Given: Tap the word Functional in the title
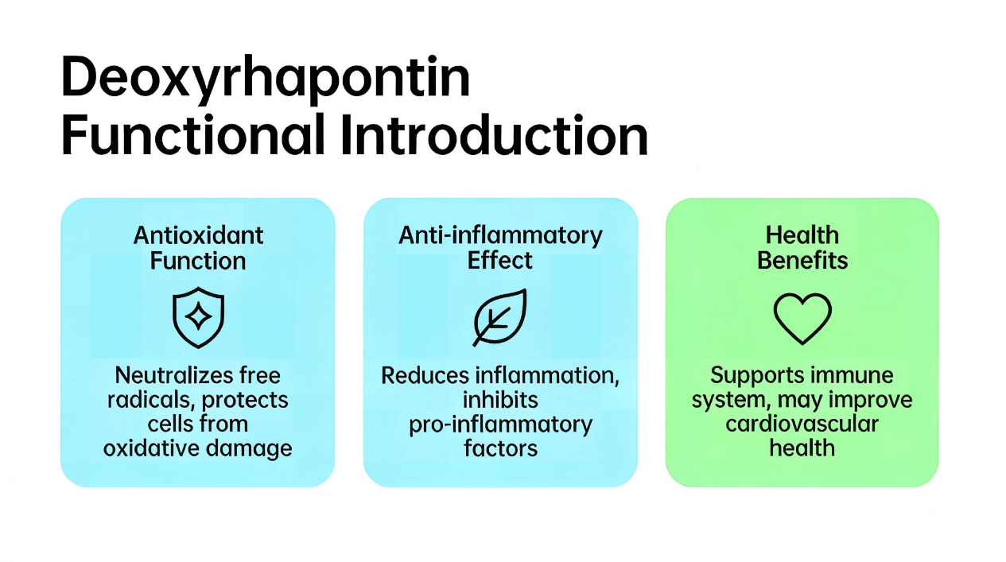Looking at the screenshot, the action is (193, 134).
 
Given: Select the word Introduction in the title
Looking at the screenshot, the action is (494, 134).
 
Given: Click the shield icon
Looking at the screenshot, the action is (199, 317).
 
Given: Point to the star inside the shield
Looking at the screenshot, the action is (199, 316).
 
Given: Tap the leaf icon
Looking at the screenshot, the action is (500, 317).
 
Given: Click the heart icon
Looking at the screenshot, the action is (802, 318).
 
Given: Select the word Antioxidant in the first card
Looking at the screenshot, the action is (199, 235).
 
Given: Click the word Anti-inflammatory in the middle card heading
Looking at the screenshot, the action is (500, 235).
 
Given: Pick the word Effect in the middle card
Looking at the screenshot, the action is (500, 261).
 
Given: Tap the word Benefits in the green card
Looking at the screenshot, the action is (802, 261).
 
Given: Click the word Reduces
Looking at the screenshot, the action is (425, 375).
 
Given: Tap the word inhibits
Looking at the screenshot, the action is (500, 400).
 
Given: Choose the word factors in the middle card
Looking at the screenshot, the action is (500, 448).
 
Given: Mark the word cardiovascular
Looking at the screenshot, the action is (802, 424).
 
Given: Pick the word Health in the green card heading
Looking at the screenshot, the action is (802, 235).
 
